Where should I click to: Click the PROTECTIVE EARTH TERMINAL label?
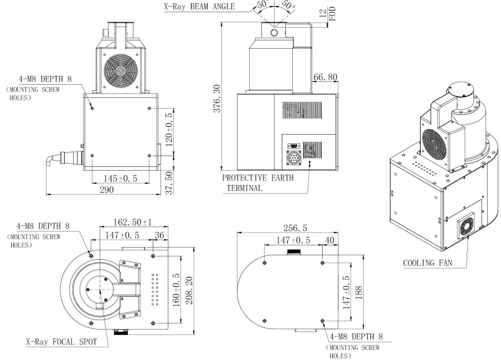tap(257, 183)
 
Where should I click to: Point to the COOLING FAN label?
tap(427, 263)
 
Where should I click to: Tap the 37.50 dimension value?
tap(171, 182)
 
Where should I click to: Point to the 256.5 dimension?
tap(289, 228)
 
